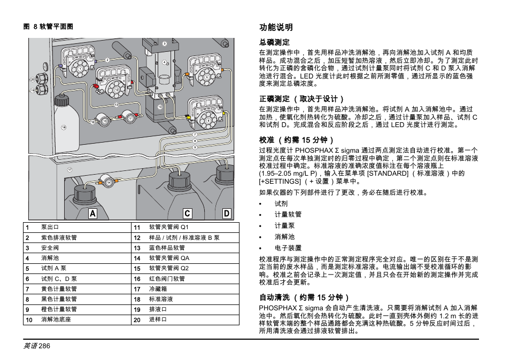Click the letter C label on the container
tap(187, 214)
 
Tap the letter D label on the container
tap(227, 214)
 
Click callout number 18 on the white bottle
tap(64, 127)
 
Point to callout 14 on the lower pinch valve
tap(109, 183)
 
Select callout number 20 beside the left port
tap(32, 79)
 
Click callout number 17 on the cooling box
tap(69, 169)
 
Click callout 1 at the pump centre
tap(80, 69)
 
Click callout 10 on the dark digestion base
tap(160, 107)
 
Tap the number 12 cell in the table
tap(137, 238)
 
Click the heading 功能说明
tap(276, 27)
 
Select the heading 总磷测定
tap(274, 42)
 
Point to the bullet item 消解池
tap(284, 237)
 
